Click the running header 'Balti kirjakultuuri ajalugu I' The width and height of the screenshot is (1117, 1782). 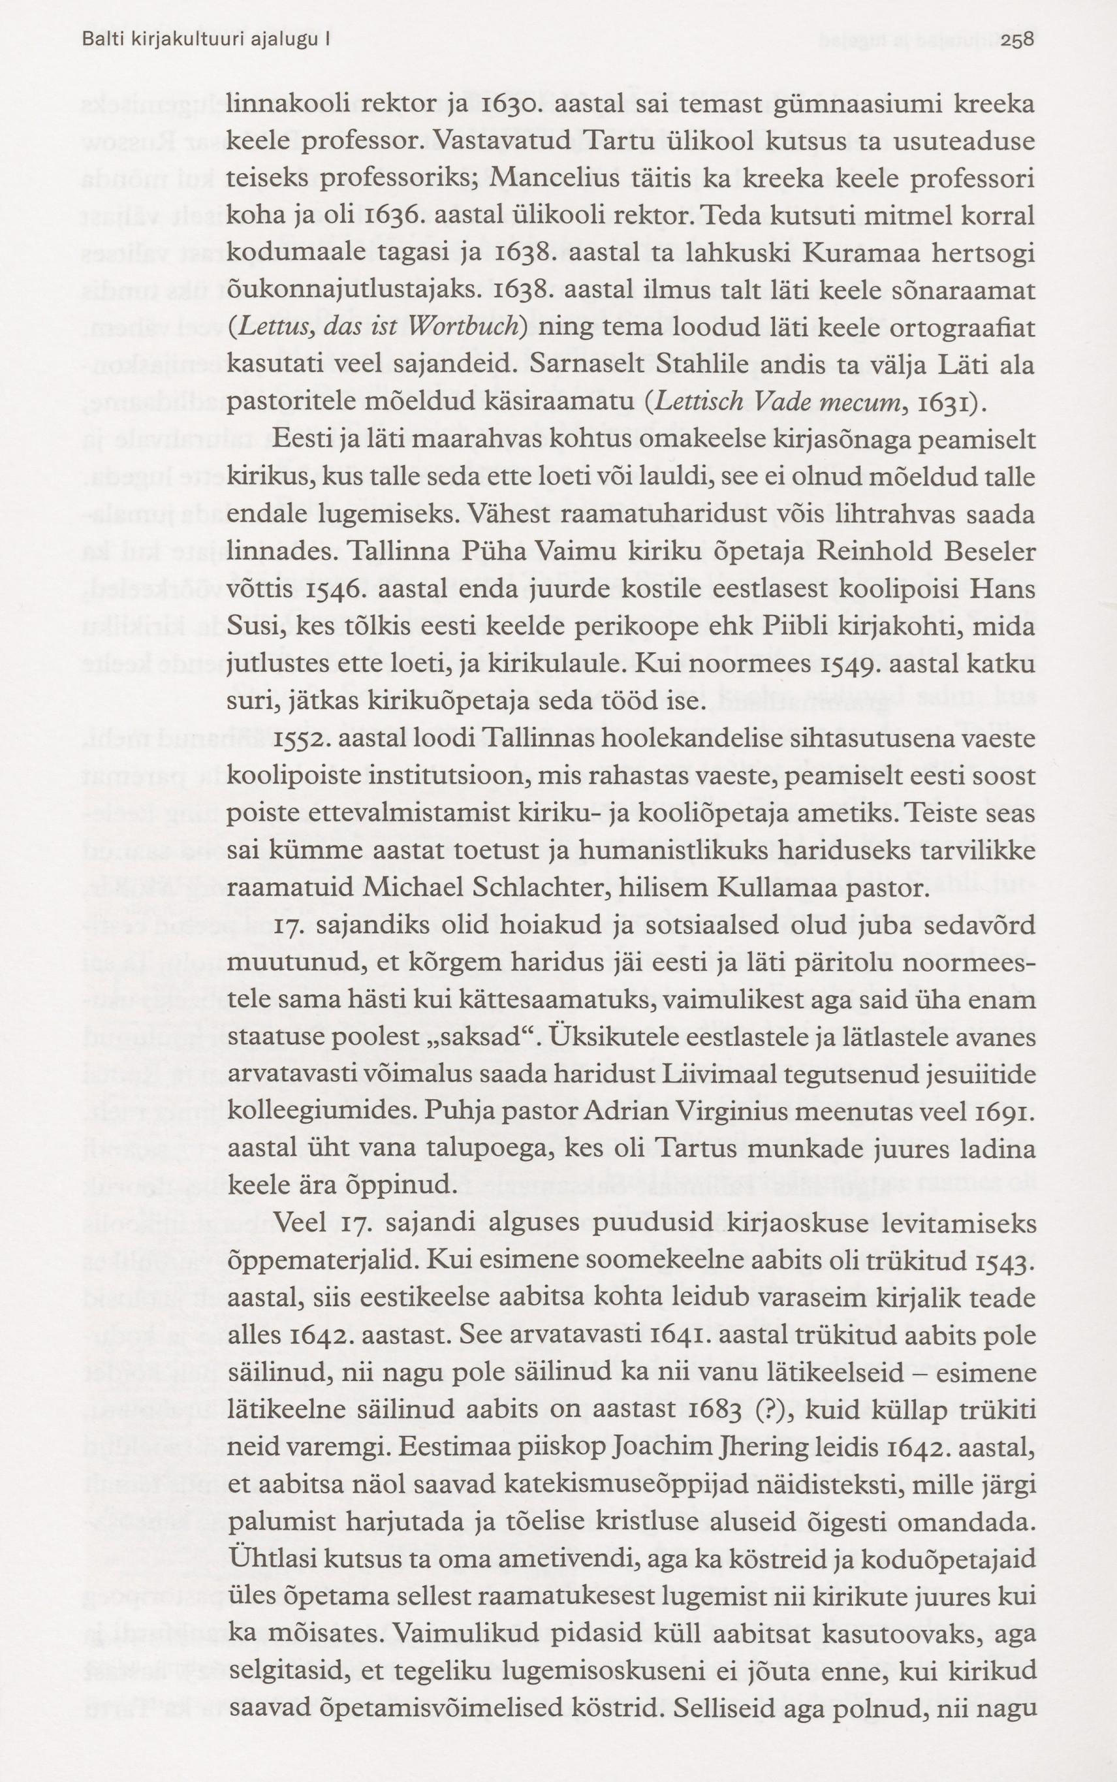tap(206, 42)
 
